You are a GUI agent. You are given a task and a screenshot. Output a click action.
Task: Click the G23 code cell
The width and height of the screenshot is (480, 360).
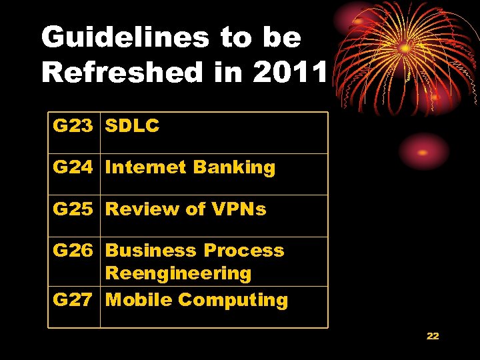[73, 126]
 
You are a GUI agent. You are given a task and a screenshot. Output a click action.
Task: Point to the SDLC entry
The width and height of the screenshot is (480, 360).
[133, 126]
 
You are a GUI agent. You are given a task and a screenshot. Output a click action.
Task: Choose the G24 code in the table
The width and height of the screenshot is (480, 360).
[73, 167]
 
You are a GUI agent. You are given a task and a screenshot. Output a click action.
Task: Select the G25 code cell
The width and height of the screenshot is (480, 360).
[73, 209]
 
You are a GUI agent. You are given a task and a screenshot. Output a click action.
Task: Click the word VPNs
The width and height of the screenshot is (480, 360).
[239, 209]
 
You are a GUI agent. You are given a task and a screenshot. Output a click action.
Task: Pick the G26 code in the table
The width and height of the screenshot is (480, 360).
[73, 251]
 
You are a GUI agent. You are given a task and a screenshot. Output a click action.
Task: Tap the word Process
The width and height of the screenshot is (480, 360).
[244, 251]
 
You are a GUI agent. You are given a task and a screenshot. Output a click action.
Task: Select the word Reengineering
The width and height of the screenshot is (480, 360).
[178, 273]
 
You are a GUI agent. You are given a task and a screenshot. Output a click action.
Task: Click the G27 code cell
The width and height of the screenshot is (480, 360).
[73, 300]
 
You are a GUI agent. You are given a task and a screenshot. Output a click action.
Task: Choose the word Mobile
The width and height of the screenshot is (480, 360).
[139, 300]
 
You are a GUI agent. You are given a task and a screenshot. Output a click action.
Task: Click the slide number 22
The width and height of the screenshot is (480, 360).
[433, 336]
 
